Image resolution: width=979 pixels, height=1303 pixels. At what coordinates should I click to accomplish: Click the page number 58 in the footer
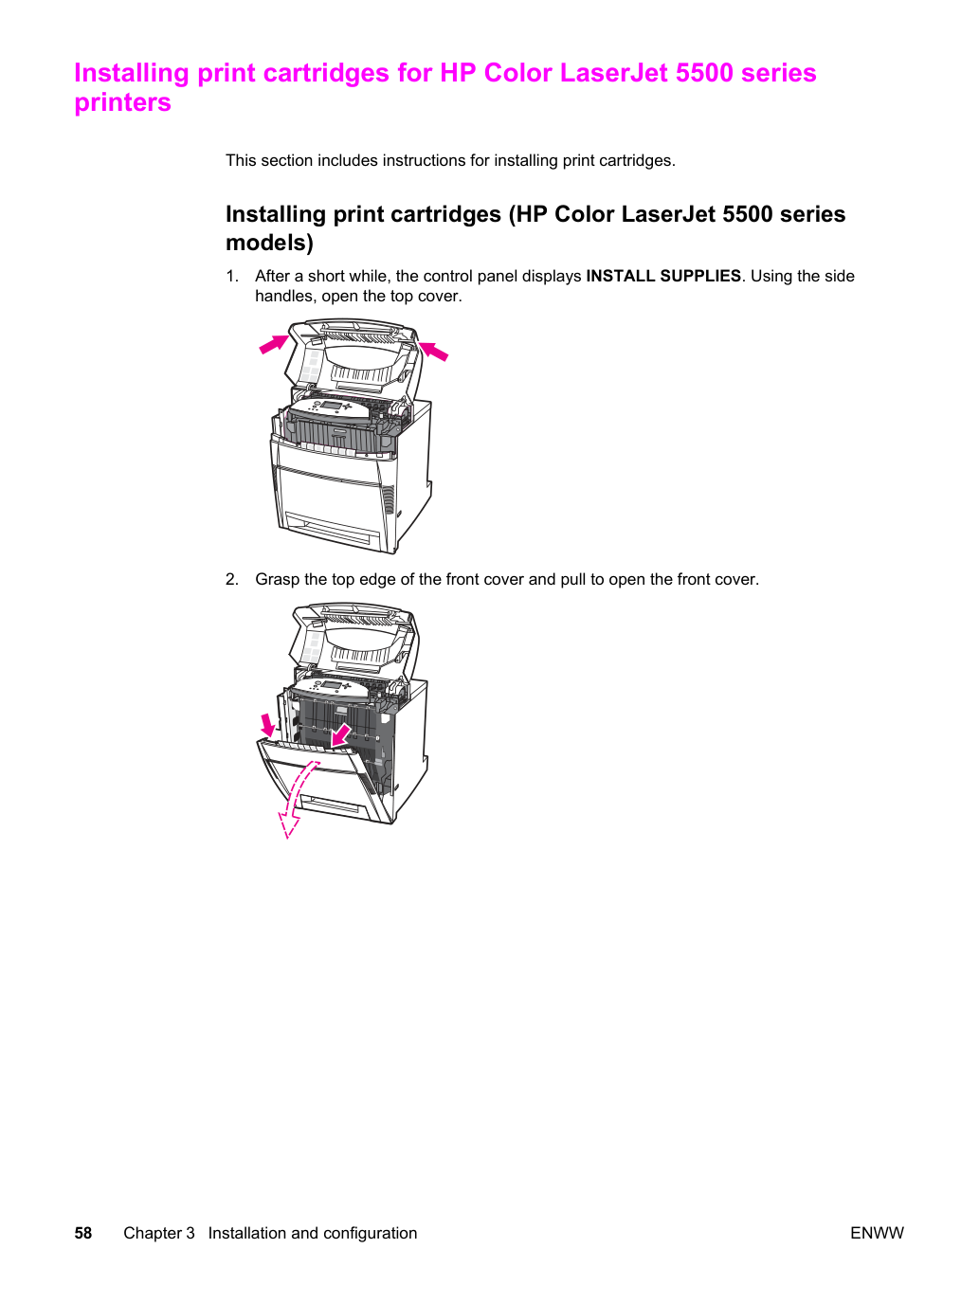point(83,1233)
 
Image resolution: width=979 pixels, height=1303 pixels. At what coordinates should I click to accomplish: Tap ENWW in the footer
point(877,1233)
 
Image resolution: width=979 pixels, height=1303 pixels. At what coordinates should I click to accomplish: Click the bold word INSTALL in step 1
point(621,276)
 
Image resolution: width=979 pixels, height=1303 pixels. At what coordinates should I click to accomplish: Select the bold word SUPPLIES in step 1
point(700,276)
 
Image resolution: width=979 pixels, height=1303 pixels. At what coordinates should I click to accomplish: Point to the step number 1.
point(231,276)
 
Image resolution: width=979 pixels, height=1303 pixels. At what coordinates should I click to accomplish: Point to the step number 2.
point(231,579)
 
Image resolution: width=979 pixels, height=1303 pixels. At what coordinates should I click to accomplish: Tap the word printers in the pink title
point(123,102)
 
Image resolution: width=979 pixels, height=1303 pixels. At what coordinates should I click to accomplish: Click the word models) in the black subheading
point(269,243)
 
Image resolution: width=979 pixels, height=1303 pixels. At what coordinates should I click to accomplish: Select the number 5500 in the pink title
point(704,73)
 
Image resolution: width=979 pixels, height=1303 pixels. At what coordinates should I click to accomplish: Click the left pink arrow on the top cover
point(274,344)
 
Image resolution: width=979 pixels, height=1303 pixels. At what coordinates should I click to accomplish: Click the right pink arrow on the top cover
point(433,351)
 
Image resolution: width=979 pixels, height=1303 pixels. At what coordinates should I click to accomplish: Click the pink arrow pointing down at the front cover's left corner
point(268,725)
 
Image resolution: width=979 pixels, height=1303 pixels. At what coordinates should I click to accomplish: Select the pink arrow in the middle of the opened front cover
point(341,735)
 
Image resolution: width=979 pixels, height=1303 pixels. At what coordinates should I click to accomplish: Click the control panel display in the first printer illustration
point(331,405)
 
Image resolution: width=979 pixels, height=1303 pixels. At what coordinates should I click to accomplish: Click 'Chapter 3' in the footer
point(159,1233)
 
